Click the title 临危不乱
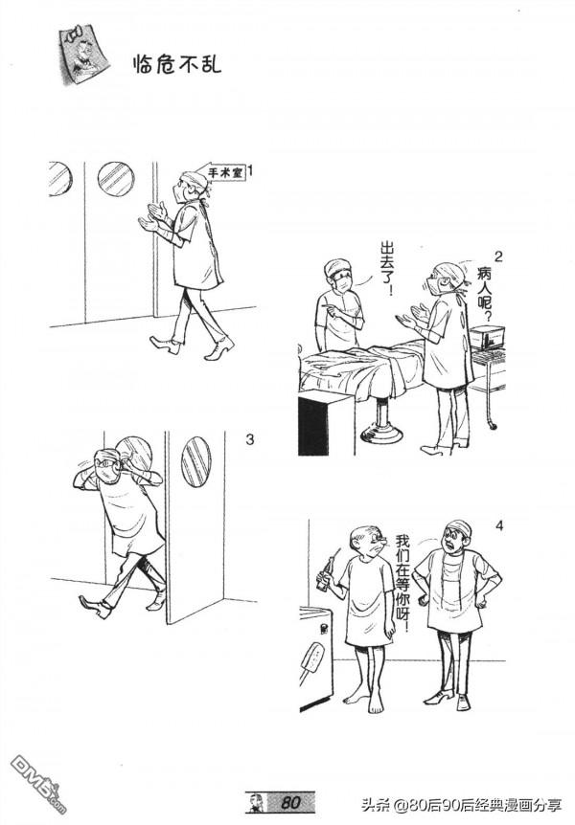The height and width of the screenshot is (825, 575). pyautogui.click(x=177, y=63)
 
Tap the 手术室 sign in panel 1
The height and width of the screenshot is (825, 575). pyautogui.click(x=224, y=172)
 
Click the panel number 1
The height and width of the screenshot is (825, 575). pyautogui.click(x=251, y=171)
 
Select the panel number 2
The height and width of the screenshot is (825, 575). pyautogui.click(x=498, y=256)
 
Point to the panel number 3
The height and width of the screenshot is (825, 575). pyautogui.click(x=250, y=438)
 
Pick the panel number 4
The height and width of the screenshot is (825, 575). pyautogui.click(x=499, y=525)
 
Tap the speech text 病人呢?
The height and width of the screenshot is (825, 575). pyautogui.click(x=484, y=294)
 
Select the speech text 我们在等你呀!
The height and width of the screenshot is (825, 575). pyautogui.click(x=402, y=584)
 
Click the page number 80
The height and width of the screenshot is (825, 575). pyautogui.click(x=290, y=803)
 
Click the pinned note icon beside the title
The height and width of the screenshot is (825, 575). pyautogui.click(x=82, y=55)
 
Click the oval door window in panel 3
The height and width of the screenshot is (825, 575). pyautogui.click(x=196, y=461)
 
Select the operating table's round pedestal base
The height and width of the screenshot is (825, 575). pyautogui.click(x=382, y=433)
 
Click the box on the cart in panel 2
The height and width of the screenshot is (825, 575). pyautogui.click(x=487, y=337)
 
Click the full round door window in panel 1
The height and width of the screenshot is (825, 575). pyautogui.click(x=116, y=179)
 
